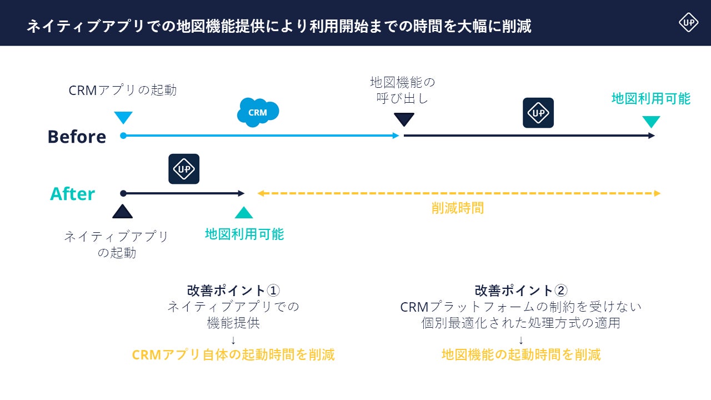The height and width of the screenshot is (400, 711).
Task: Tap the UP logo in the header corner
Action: click(688, 22)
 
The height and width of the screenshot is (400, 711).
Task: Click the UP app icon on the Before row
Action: click(538, 113)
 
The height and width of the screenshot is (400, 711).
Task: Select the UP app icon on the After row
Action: click(184, 169)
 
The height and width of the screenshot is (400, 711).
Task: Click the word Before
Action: click(77, 137)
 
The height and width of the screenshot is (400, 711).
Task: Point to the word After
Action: click(73, 194)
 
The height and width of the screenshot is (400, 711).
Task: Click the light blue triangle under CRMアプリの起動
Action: click(123, 117)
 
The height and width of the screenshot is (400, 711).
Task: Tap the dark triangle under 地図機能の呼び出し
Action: click(404, 119)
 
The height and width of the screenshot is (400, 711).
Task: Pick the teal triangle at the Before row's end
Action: click(651, 122)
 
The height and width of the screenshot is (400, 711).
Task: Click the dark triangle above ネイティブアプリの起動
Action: click(122, 211)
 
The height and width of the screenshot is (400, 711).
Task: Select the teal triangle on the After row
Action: click(244, 212)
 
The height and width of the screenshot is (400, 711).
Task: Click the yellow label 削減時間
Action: click(458, 208)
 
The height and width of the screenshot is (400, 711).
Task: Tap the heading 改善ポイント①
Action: click(233, 291)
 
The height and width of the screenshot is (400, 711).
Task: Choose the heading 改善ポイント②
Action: click(521, 291)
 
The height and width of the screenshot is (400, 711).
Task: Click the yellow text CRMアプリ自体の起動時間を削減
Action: click(233, 355)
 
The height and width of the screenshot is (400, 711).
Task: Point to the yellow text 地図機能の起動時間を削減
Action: click(521, 355)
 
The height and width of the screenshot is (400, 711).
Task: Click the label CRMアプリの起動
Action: click(123, 90)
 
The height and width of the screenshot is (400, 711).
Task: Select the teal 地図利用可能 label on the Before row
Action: click(651, 99)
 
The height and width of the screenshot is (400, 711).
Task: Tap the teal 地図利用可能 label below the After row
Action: click(244, 234)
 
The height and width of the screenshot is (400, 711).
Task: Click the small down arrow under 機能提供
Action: click(233, 339)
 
